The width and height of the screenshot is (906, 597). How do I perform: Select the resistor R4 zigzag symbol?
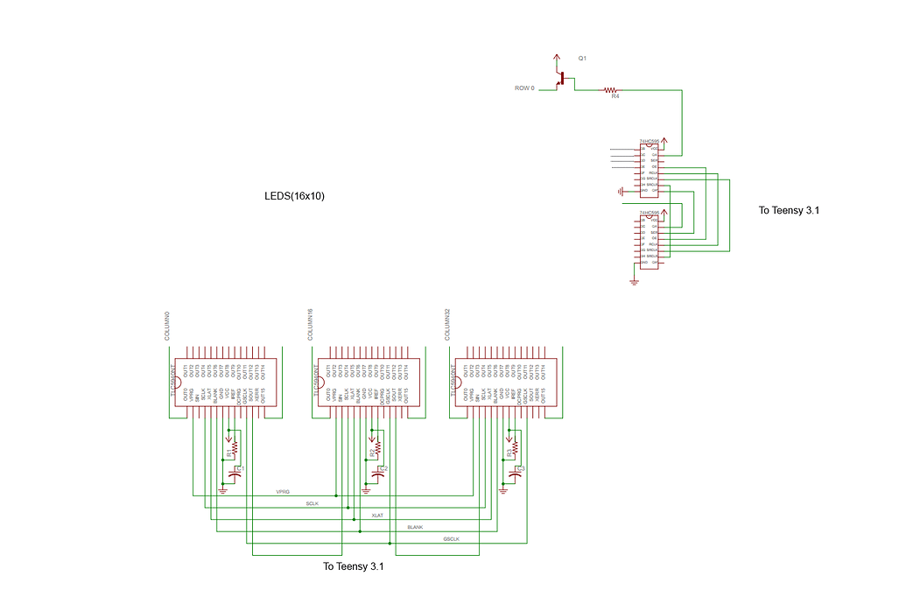(x=610, y=89)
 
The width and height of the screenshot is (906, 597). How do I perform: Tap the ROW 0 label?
(x=524, y=88)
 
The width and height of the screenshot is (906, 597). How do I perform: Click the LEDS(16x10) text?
(x=294, y=196)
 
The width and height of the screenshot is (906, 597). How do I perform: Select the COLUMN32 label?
(x=446, y=324)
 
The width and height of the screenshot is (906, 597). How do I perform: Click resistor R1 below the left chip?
(x=235, y=447)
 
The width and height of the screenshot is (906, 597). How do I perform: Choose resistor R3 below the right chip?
(x=515, y=447)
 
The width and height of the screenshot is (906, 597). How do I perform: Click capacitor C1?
(x=235, y=472)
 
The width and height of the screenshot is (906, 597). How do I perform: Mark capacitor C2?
(x=378, y=472)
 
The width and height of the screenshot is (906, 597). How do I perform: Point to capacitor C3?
(x=515, y=472)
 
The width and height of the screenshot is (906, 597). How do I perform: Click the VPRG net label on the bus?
(x=283, y=493)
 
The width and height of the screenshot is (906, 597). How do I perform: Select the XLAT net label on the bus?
(x=377, y=516)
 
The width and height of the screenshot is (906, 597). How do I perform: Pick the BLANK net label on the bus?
(x=415, y=527)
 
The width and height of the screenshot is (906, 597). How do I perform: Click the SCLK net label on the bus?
(x=313, y=504)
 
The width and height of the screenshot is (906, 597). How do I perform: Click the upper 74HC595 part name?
(x=650, y=141)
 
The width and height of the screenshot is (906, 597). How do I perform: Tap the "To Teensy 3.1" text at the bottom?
(x=354, y=567)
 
